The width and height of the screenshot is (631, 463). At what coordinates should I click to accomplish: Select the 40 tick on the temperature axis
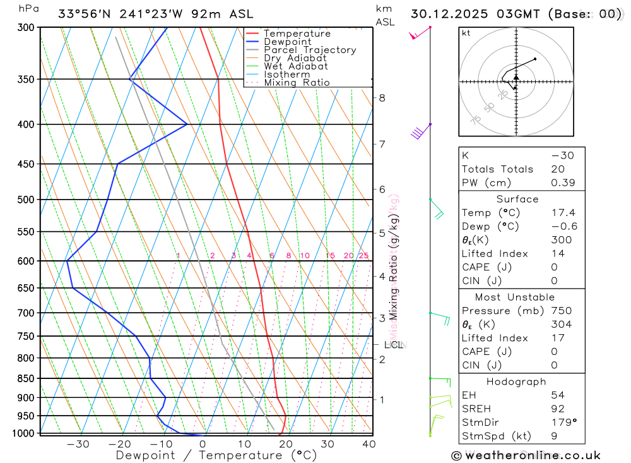369,444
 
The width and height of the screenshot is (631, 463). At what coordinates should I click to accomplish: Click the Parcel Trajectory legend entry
309,50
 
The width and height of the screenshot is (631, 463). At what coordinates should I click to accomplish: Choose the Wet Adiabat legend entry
295,66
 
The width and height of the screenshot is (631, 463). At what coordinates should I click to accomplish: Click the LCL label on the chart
393,345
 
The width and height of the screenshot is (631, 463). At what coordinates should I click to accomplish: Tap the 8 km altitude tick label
382,98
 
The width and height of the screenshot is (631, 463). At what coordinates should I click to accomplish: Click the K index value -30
562,155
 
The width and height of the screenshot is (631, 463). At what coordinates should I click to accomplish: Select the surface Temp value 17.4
563,213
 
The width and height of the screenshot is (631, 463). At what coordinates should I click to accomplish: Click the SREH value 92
558,409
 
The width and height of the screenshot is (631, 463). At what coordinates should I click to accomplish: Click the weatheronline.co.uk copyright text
526,455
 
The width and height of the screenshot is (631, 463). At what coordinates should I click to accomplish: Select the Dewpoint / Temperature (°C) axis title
216,455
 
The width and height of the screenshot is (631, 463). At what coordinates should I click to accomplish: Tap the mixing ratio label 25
363,256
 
